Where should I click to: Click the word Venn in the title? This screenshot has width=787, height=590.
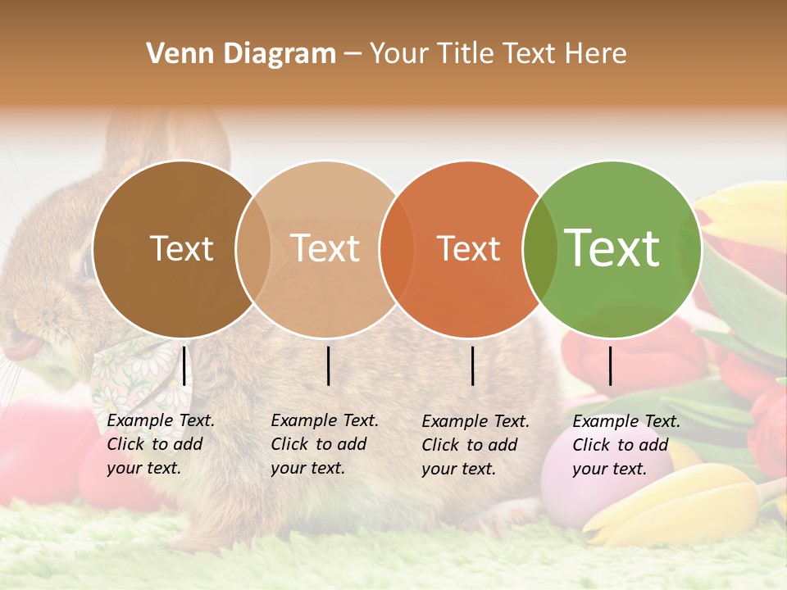click(174, 54)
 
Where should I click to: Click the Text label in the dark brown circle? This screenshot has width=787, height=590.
click(181, 249)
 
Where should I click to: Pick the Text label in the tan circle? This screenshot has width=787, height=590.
click(325, 249)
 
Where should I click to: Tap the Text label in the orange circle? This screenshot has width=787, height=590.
click(468, 249)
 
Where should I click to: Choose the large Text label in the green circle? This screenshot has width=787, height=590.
click(612, 249)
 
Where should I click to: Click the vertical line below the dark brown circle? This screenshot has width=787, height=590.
click(184, 365)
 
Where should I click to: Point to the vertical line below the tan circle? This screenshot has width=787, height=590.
click(328, 365)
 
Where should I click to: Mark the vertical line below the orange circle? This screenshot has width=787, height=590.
click(472, 365)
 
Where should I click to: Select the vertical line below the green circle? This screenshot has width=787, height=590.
click(610, 365)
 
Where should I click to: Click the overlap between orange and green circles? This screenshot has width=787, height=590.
click(534, 249)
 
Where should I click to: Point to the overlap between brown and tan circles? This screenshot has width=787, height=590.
click(253, 249)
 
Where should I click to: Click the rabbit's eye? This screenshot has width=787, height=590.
click(89, 263)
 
